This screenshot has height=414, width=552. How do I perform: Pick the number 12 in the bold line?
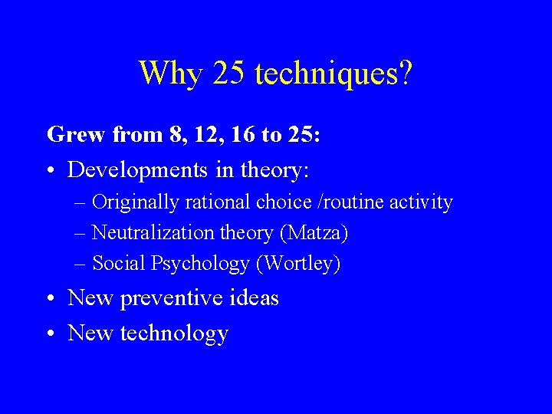[190, 136]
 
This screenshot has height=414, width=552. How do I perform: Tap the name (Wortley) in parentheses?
[298, 264]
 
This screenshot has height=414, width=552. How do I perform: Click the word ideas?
[253, 297]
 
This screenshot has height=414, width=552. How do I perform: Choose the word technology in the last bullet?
[175, 333]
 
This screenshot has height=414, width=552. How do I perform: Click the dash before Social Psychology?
[81, 264]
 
